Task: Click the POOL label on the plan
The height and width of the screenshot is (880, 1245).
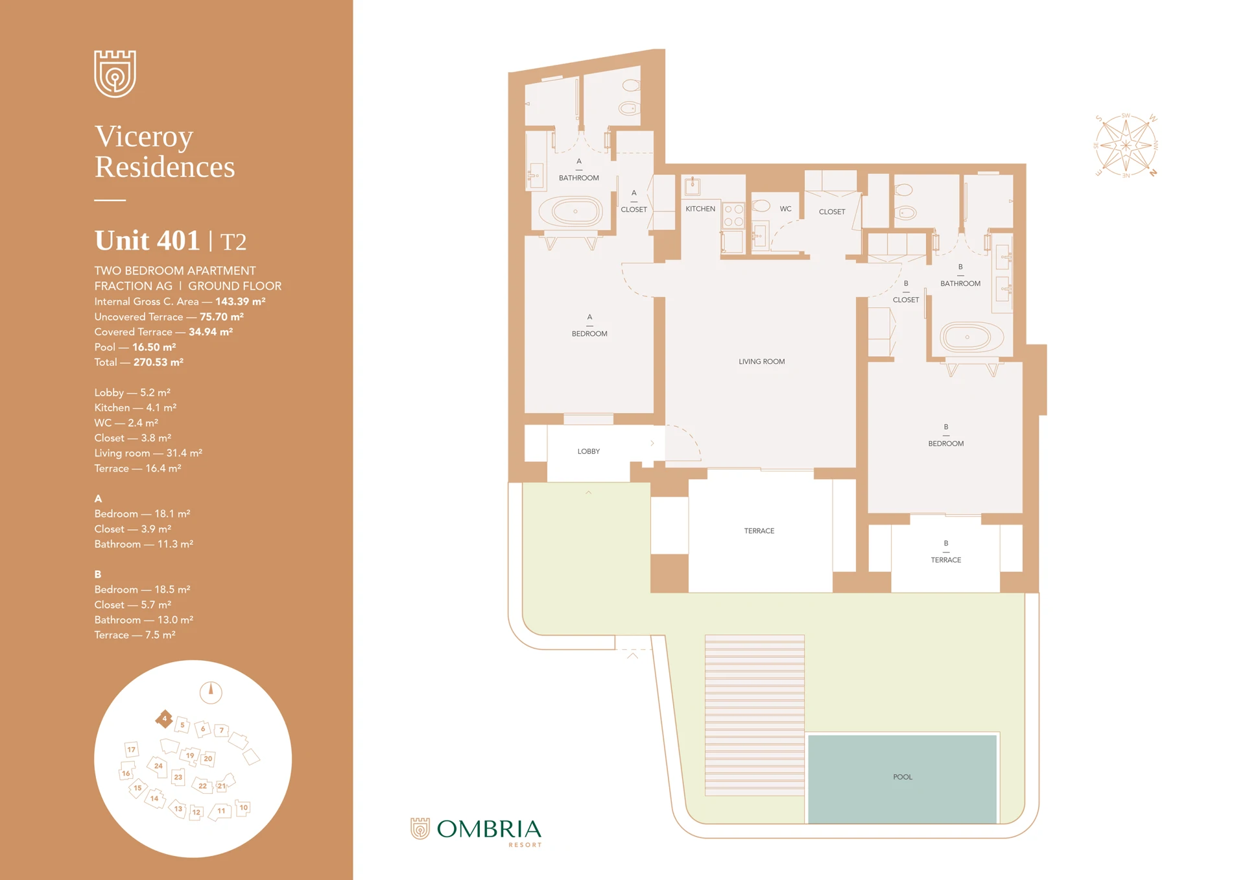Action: click(902, 777)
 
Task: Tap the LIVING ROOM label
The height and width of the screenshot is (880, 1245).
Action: click(761, 362)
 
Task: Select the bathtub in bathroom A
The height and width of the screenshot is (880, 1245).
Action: click(575, 211)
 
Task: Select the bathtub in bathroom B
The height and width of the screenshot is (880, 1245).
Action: click(966, 337)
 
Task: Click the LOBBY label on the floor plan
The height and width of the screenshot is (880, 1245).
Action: click(588, 451)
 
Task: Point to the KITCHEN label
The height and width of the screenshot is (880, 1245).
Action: click(700, 209)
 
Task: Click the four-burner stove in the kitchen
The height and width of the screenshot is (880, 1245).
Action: click(733, 216)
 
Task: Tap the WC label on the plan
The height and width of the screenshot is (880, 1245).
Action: click(785, 209)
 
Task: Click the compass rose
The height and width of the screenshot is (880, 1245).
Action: click(1126, 145)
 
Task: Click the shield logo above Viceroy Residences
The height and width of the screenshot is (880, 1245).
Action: click(115, 74)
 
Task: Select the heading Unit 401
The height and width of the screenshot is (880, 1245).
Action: click(147, 241)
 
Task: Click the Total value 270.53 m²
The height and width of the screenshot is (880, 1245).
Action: click(158, 363)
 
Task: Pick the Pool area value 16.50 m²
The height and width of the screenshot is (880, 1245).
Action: click(154, 347)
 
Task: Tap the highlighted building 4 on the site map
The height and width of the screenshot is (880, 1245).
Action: click(164, 719)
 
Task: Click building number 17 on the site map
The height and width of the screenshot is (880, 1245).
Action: click(132, 750)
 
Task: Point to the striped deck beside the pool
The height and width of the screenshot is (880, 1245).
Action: click(754, 715)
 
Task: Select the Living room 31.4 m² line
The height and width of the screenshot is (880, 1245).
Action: click(148, 453)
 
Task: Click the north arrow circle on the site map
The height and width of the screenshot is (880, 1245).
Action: click(211, 693)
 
